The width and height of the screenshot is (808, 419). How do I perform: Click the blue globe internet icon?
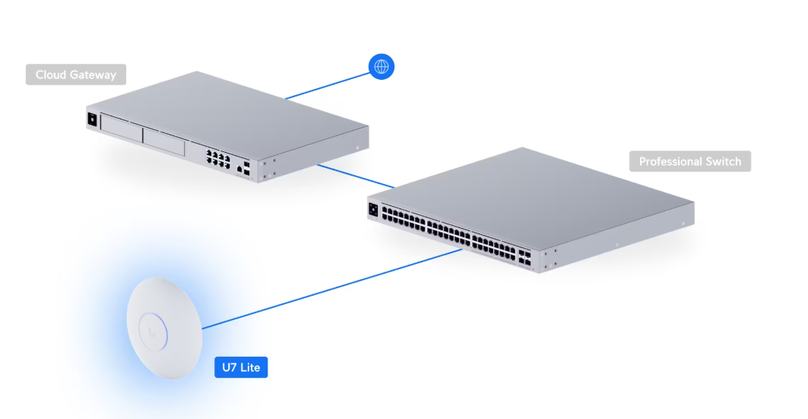click(x=382, y=66)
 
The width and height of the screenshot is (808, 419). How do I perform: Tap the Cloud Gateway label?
click(x=76, y=75)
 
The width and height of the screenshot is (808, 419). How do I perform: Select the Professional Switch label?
click(x=690, y=161)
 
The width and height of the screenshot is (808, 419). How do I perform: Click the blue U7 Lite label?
click(x=241, y=368)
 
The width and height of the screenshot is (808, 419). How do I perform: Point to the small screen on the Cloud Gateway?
click(x=93, y=119)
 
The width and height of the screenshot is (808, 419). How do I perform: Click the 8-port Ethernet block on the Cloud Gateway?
click(x=218, y=157)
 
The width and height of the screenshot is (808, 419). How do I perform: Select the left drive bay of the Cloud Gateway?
click(x=120, y=129)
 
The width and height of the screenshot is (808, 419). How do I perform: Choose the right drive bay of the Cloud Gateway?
click(x=163, y=141)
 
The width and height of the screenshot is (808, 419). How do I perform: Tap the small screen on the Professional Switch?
click(x=373, y=209)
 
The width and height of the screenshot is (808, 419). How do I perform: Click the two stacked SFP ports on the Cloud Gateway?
click(x=249, y=170)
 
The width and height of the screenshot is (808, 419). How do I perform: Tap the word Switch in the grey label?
click(x=723, y=161)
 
